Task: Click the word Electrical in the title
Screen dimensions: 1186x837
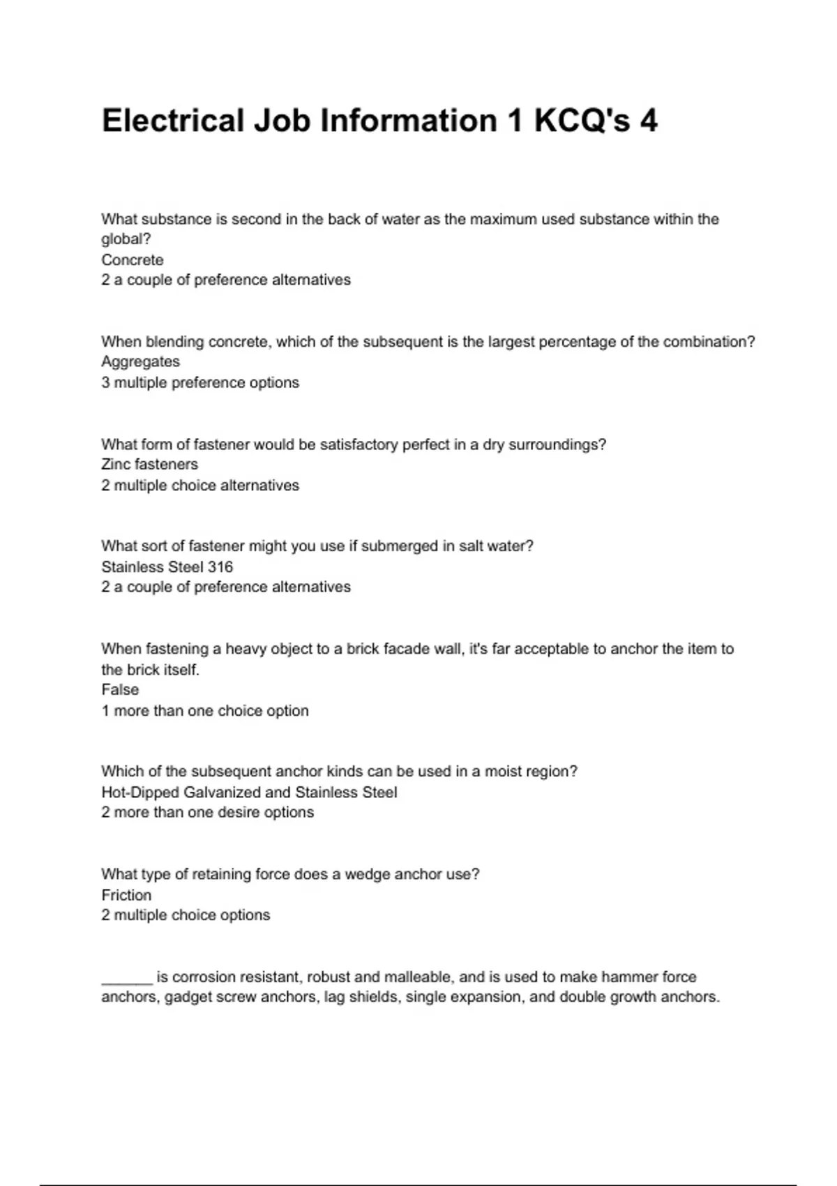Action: tap(172, 121)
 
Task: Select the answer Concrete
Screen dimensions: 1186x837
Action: tap(133, 260)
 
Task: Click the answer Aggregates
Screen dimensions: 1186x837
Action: tap(140, 361)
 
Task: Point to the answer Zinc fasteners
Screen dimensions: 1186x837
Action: tap(149, 465)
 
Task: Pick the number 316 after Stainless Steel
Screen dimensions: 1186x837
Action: tap(220, 567)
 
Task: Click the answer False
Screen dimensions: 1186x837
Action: tap(120, 690)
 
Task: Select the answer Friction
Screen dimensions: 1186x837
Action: tap(126, 895)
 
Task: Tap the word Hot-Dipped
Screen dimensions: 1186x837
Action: tap(140, 793)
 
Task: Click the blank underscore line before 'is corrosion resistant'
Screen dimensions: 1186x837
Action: tap(126, 978)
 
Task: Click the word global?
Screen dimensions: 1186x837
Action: tap(126, 239)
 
